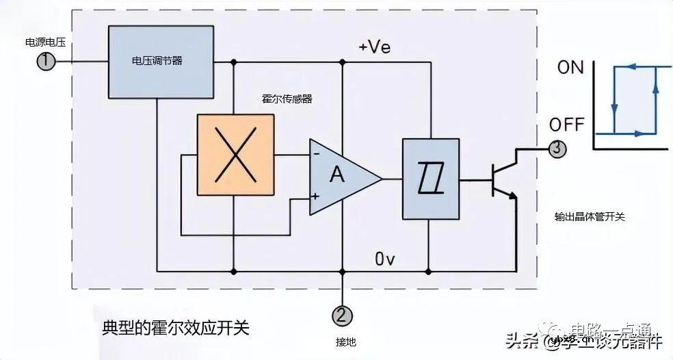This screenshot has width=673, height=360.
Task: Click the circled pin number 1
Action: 45,62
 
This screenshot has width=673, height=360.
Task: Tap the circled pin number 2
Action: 343,316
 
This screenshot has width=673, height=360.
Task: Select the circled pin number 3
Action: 557,148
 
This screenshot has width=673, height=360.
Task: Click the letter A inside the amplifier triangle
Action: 336,176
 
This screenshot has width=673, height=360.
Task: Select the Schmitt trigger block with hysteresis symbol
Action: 430,180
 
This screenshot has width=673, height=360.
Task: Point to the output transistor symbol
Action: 503,180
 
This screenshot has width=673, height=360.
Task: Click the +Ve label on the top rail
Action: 374,47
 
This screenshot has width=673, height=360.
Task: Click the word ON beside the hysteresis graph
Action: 570,68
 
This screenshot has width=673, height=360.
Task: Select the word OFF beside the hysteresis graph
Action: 567,125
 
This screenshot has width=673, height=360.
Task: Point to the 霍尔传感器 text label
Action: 287,99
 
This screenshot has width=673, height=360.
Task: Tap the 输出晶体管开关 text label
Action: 590,216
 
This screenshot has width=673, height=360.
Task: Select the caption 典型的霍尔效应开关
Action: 175,328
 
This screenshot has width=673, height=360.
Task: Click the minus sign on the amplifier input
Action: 316,154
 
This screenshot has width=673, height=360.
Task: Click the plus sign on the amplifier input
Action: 316,196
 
